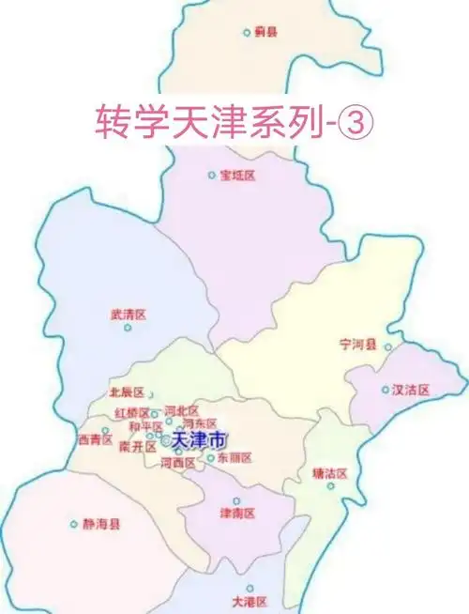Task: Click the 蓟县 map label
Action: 266,31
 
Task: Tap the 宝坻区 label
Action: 237,176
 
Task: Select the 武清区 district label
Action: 128,315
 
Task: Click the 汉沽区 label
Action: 411,389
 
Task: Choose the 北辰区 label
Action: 127,392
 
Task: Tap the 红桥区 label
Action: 131,413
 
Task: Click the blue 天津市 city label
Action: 199,440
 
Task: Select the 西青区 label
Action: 95,439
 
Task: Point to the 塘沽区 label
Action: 329,474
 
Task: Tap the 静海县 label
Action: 101,525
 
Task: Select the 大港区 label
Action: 250,601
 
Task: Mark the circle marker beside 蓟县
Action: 247,32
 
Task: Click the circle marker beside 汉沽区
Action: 385,389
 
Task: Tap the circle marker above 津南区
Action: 236,500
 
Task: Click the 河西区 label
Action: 178,463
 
